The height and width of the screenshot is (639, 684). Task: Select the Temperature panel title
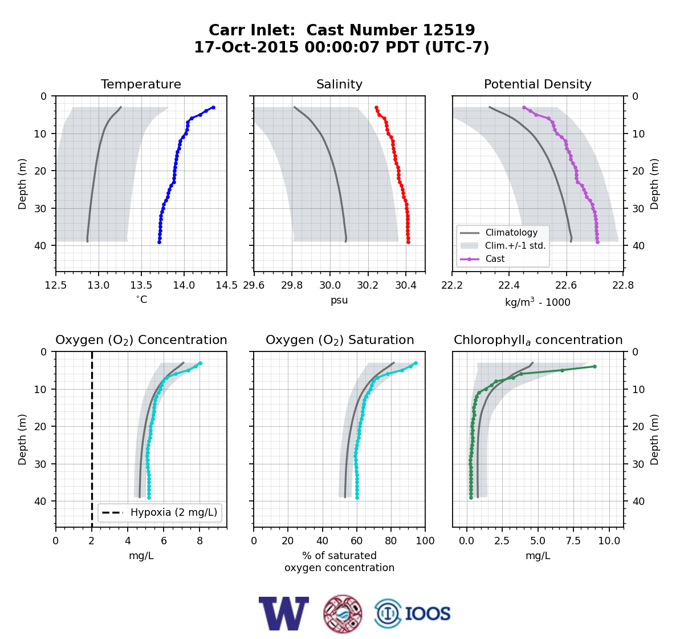coord(141,84)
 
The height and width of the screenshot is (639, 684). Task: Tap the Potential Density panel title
coord(538,84)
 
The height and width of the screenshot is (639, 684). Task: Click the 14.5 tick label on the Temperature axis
coord(227,285)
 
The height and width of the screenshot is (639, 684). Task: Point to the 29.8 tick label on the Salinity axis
coord(292,285)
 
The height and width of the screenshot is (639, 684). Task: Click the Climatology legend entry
coord(511,232)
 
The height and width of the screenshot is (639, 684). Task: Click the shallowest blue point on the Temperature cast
coord(214,107)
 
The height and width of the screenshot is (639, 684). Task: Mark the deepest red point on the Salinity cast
coord(408,242)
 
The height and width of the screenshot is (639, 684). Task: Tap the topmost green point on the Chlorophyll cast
coord(595,367)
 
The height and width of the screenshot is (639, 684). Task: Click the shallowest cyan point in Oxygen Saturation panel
coord(416,363)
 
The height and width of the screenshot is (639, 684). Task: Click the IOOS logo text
coord(427,614)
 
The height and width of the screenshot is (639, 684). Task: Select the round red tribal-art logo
coord(343,614)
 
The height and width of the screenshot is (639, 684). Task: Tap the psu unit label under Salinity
coord(339,300)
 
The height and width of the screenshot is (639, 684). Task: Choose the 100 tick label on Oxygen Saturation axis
coord(425,541)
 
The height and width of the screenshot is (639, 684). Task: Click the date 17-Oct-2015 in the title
coord(246,47)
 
